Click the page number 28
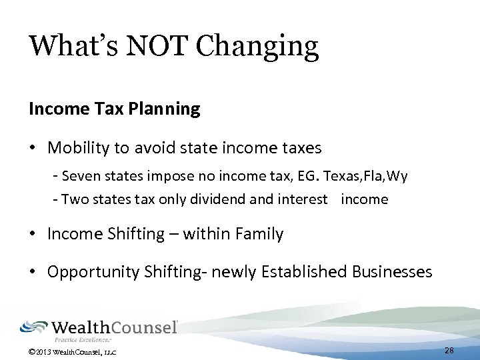[449, 351]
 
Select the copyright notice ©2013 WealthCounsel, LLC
[73, 351]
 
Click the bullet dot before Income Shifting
[33, 234]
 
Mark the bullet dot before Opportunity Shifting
[33, 272]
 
